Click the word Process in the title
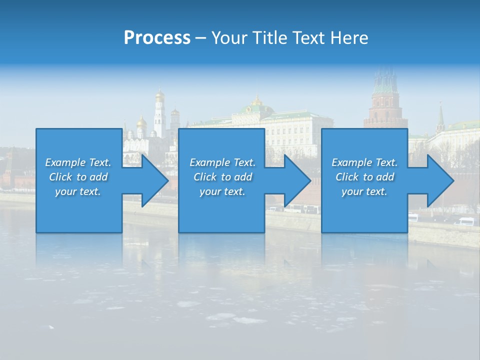[157, 38]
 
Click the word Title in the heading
[270, 38]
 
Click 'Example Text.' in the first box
[78, 162]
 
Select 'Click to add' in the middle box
[222, 177]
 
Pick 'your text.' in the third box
[364, 191]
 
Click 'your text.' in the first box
[78, 191]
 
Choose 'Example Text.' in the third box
[364, 162]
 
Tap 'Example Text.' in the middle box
[222, 162]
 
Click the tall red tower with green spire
[385, 100]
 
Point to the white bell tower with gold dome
[159, 112]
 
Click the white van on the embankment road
[466, 221]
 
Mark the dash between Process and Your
[201, 38]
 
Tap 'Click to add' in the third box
[364, 177]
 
